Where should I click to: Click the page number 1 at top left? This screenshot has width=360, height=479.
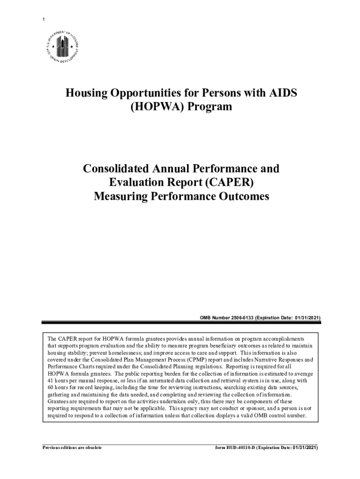click(43, 20)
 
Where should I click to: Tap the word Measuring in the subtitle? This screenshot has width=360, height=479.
click(119, 196)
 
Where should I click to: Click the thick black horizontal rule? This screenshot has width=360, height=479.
click(180, 322)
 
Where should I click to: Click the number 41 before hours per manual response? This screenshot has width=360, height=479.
click(50, 381)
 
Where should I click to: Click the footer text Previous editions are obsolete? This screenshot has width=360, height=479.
click(72, 448)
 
